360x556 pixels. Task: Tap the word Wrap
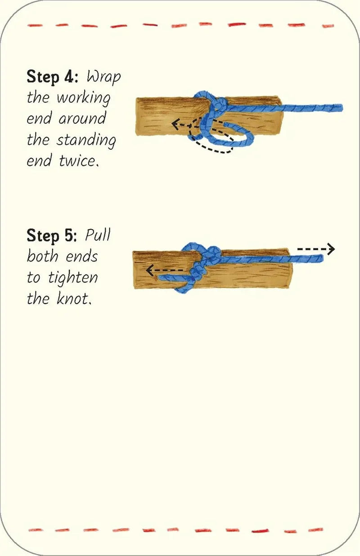click(104, 77)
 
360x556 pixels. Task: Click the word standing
click(86, 140)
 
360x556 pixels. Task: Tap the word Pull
click(98, 235)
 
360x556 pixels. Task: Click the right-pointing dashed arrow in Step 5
click(317, 249)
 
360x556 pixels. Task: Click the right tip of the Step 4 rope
click(341, 108)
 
